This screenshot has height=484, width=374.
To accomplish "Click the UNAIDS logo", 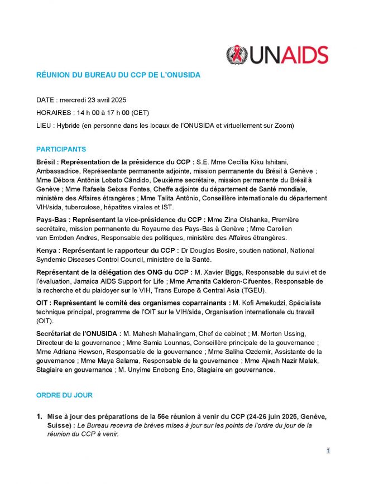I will click(277, 55).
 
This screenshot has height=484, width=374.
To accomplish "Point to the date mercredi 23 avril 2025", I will click(94, 100).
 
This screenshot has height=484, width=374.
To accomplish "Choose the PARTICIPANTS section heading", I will click(61, 150).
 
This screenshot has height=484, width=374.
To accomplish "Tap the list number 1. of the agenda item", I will click(40, 416).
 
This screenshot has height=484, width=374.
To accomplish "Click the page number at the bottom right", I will click(329, 451).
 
